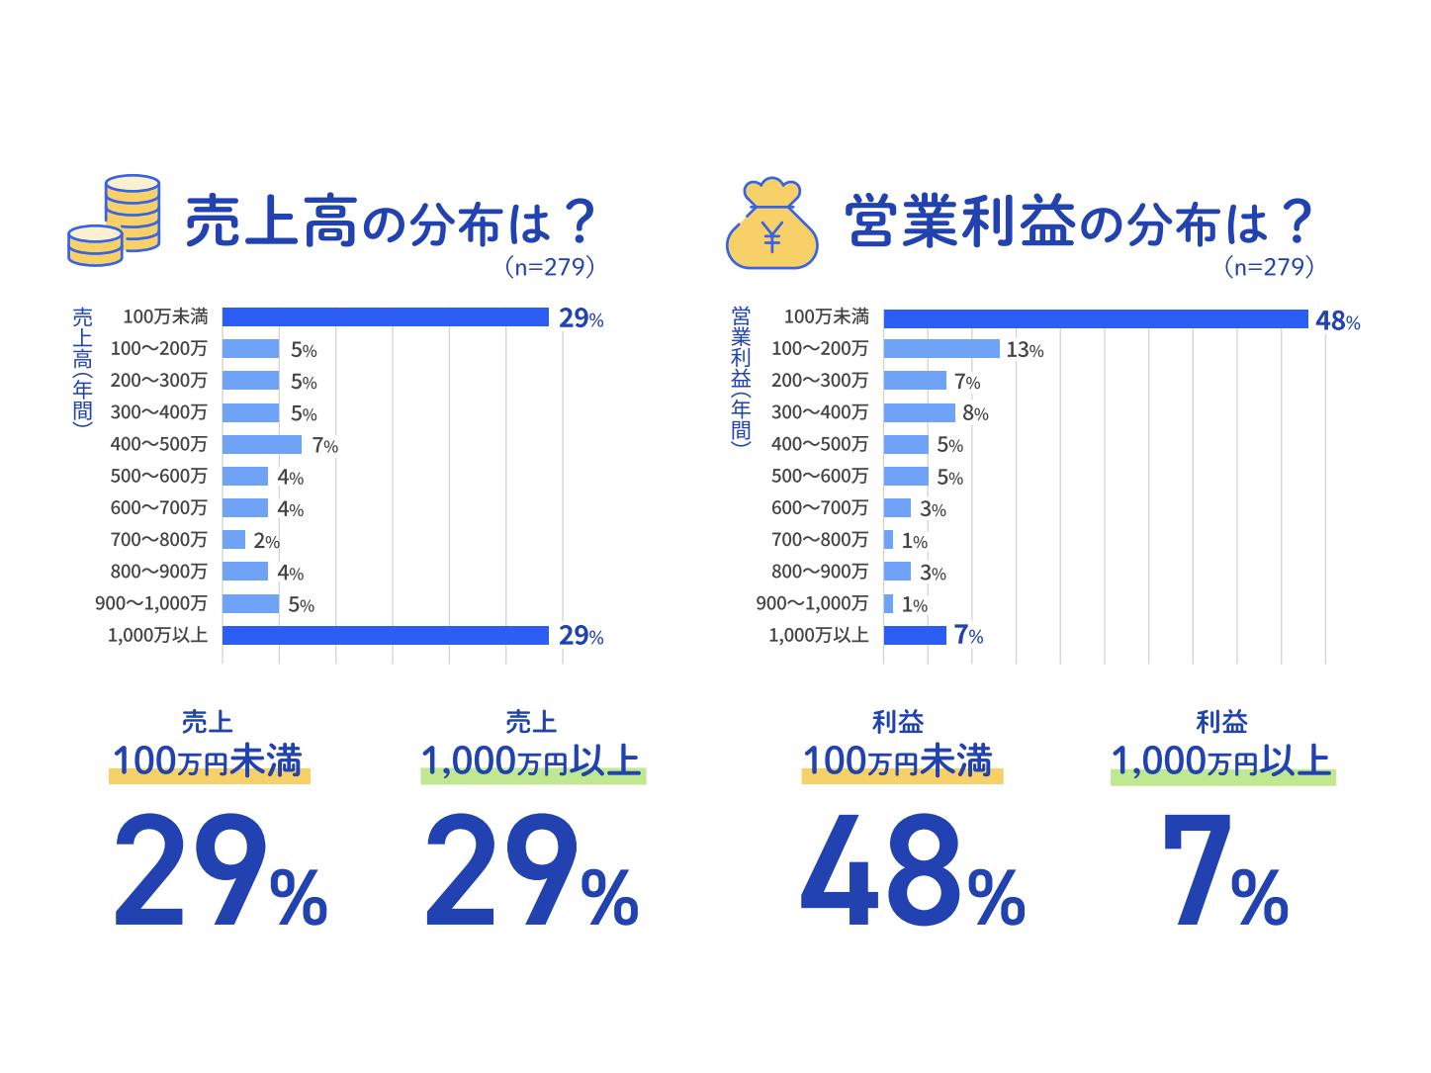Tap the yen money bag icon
click(772, 225)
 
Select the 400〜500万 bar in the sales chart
click(262, 445)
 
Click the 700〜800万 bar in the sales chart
click(233, 540)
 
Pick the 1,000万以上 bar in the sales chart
click(385, 635)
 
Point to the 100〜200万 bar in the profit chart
click(940, 349)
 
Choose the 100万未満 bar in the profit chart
click(1095, 318)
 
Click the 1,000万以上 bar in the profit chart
click(914, 635)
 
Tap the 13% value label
click(1025, 350)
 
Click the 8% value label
click(975, 413)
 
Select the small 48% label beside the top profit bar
click(1337, 320)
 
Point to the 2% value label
click(266, 541)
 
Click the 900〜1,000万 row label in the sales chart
click(151, 603)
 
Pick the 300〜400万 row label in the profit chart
click(820, 412)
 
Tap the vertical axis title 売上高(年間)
click(82, 366)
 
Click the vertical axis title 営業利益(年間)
click(741, 376)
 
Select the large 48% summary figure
click(912, 871)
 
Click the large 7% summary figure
click(1224, 871)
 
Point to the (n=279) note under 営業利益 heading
click(1269, 266)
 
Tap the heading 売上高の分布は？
click(391, 222)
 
